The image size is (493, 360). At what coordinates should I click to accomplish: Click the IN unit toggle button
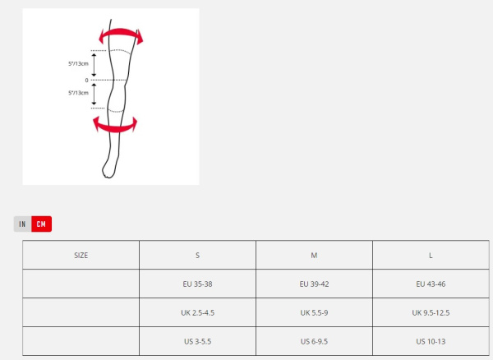coord(23,224)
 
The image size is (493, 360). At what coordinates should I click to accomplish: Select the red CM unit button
coord(42,224)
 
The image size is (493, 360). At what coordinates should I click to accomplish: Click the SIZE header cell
coord(81,255)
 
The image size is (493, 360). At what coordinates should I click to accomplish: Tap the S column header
coord(197,255)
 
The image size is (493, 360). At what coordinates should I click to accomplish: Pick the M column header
coord(314,255)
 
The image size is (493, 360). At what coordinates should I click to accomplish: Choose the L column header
coord(431,255)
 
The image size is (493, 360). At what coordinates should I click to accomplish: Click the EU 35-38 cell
coord(197,284)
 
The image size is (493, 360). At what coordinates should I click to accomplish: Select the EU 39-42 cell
coord(314,284)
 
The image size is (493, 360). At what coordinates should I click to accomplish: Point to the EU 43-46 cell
coord(431,284)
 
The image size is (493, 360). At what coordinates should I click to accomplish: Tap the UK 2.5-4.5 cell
coord(197,312)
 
